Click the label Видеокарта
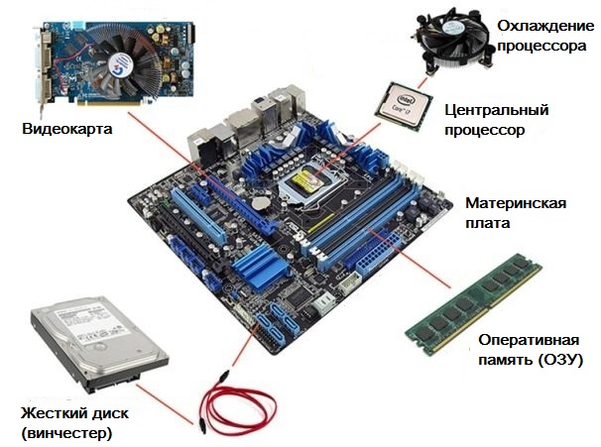(x=67, y=129)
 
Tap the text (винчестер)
(x=65, y=433)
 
